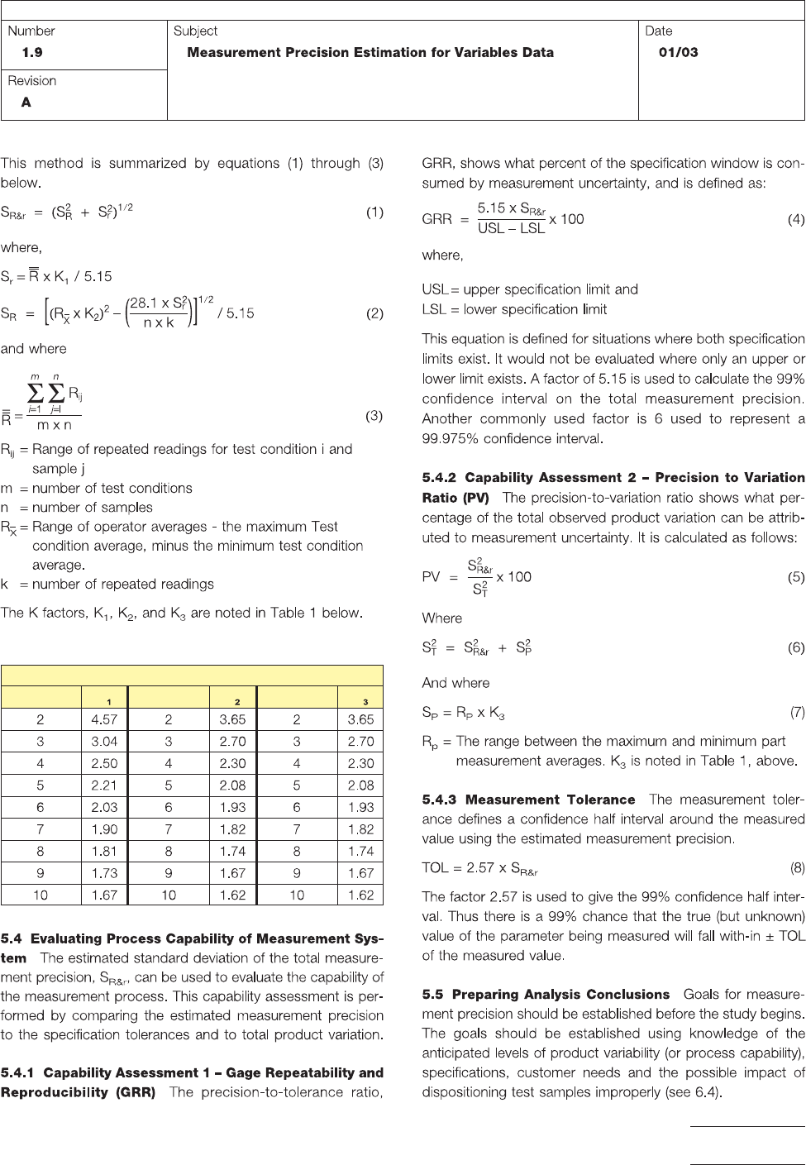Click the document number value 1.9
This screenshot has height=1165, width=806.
32,52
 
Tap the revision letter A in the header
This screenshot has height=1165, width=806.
26,103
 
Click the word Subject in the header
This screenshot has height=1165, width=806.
195,31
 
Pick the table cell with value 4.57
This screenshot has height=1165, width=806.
104,719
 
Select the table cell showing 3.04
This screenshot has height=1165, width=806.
104,742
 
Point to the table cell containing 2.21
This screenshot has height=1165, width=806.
104,785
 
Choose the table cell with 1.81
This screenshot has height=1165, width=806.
104,851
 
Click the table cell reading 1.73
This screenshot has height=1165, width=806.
104,873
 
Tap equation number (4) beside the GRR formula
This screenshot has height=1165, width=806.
795,220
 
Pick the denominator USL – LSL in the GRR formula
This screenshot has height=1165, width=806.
512,228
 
